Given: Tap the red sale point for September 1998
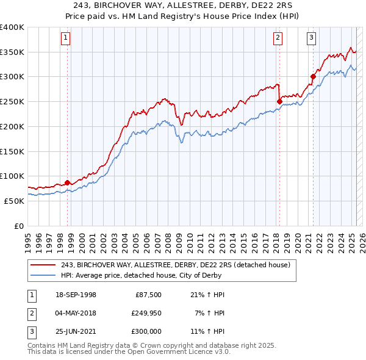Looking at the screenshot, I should [67, 182].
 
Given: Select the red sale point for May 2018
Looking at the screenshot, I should [279, 101].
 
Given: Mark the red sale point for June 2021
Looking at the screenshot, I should [313, 76].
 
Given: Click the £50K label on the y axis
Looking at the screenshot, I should [13, 201].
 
